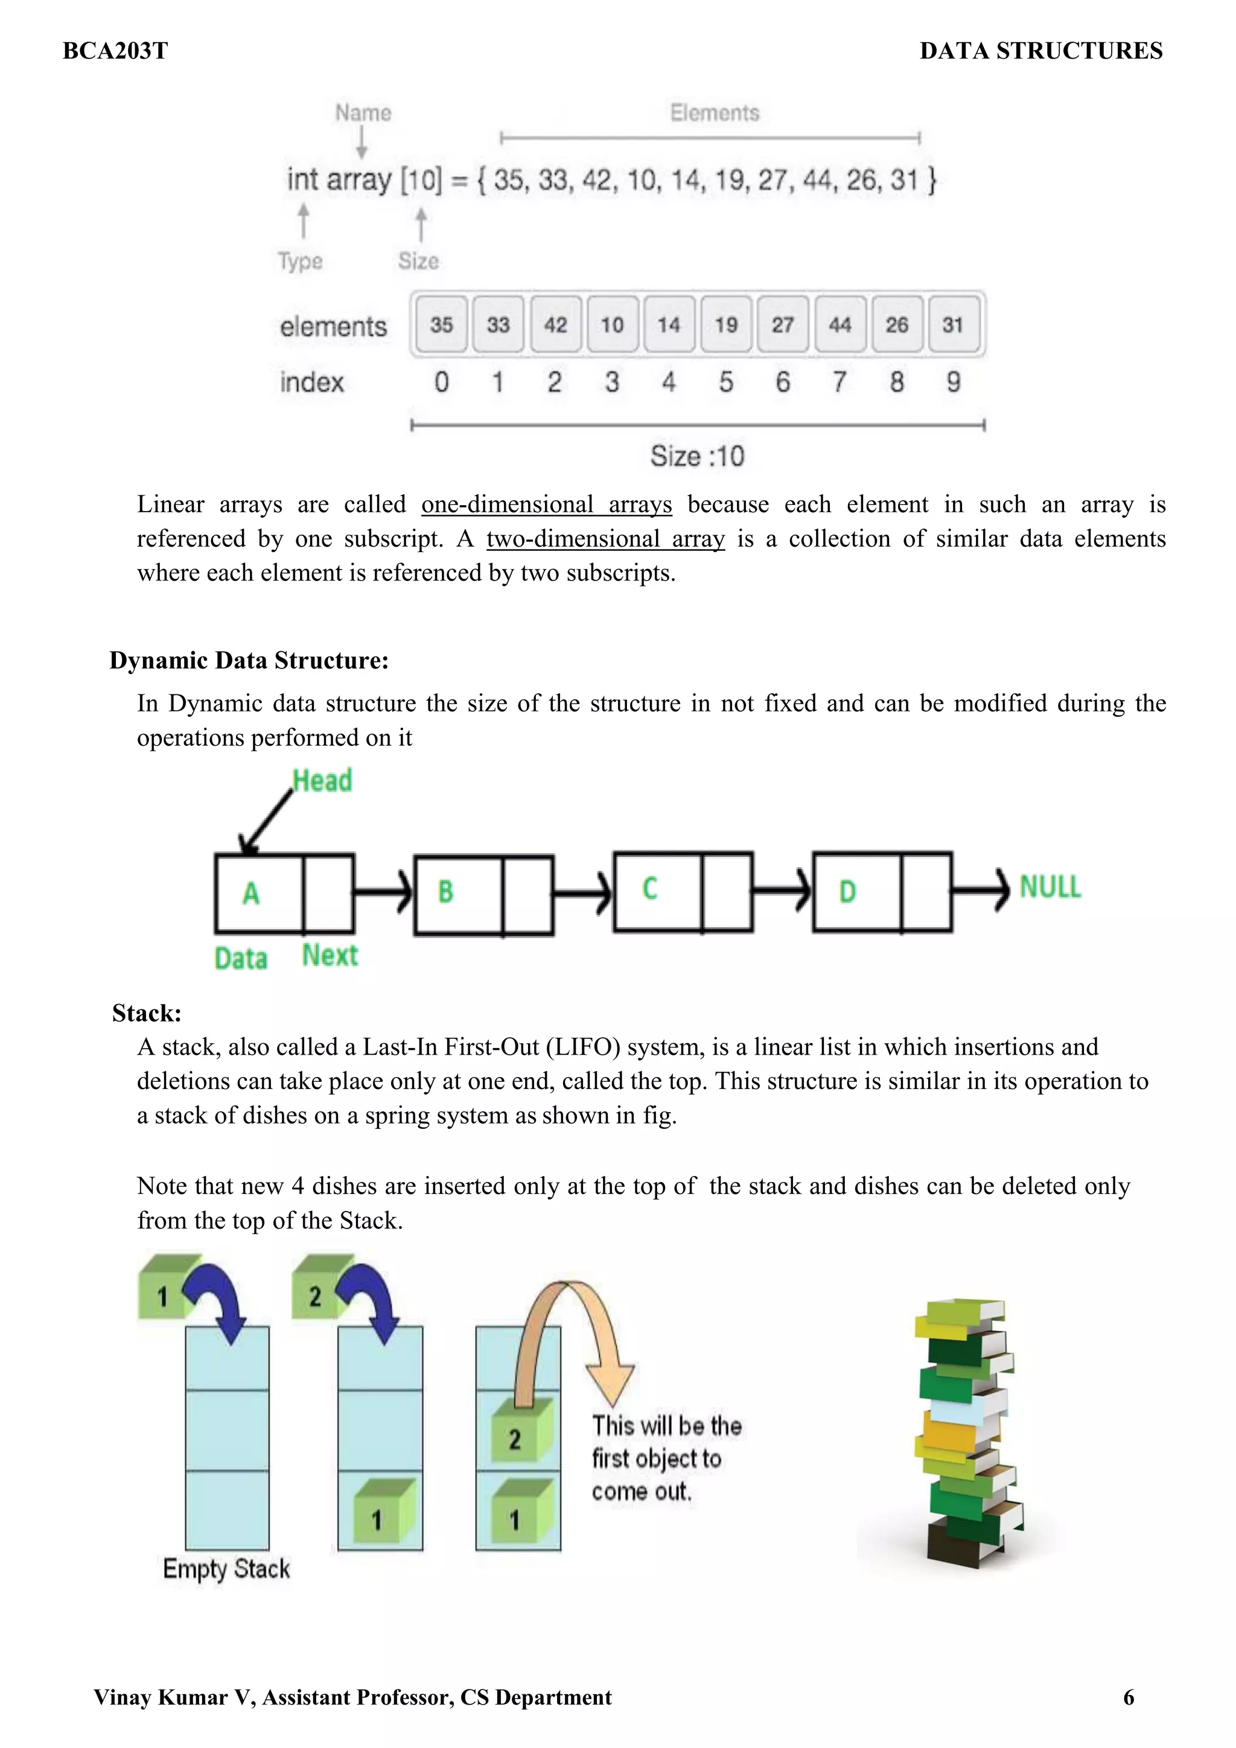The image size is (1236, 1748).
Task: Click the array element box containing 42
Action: (555, 325)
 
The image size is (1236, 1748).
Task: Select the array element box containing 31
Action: (954, 325)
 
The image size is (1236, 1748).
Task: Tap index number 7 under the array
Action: (839, 381)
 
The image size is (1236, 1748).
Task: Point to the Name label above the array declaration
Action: (363, 113)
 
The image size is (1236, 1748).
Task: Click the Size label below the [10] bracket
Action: (418, 261)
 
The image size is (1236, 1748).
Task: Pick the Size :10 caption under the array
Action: (697, 456)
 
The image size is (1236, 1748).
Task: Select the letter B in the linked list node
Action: (445, 892)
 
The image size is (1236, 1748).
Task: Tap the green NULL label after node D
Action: (1050, 887)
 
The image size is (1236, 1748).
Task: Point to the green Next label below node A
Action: (330, 955)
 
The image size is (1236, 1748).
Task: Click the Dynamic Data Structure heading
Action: (249, 660)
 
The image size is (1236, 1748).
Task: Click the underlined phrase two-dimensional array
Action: (605, 539)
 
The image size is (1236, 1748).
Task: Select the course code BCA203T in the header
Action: (115, 51)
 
